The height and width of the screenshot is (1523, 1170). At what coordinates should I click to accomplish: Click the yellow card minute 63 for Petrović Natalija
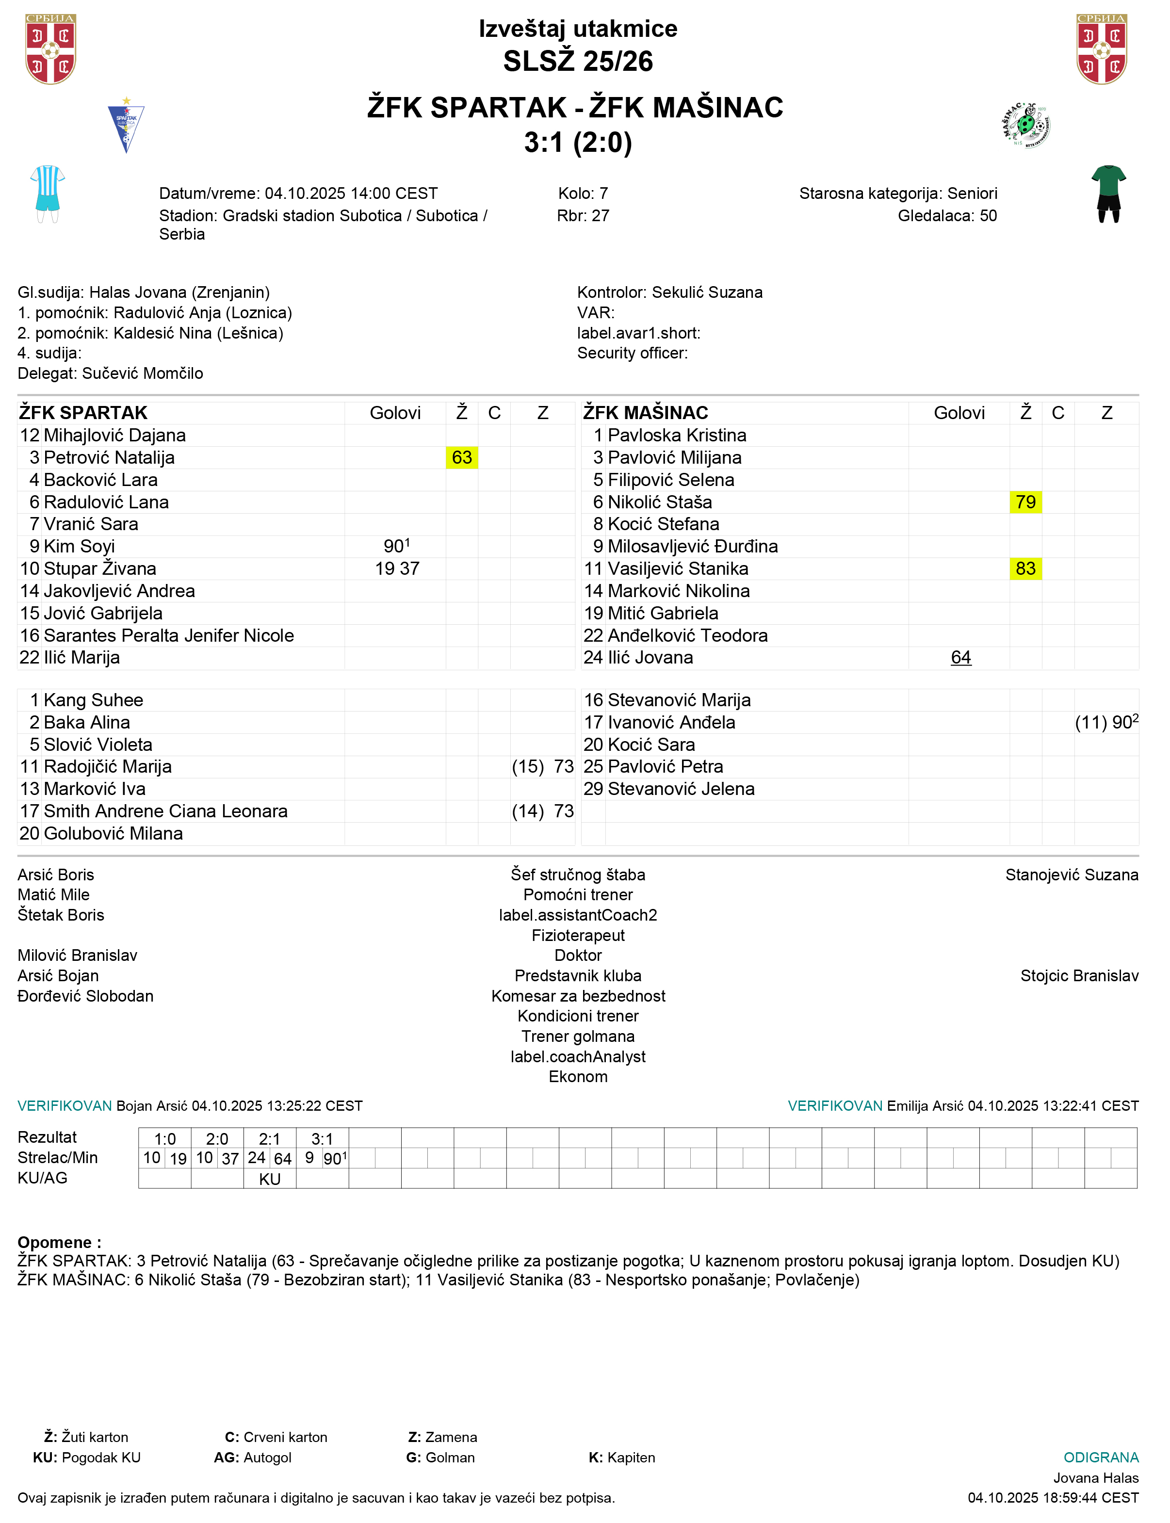pyautogui.click(x=462, y=457)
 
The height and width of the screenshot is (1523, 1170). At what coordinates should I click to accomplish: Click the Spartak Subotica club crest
pyautogui.click(x=126, y=125)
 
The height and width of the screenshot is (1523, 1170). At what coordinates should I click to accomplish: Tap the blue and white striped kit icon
pyautogui.click(x=48, y=194)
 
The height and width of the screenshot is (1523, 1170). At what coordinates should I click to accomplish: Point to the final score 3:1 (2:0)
pyautogui.click(x=578, y=143)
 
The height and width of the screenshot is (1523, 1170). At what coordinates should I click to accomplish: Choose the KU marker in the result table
pyautogui.click(x=270, y=1179)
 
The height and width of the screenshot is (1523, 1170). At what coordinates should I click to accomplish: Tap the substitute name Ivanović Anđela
pyautogui.click(x=671, y=722)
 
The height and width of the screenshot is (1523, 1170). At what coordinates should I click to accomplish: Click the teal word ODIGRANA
pyautogui.click(x=1100, y=1458)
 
